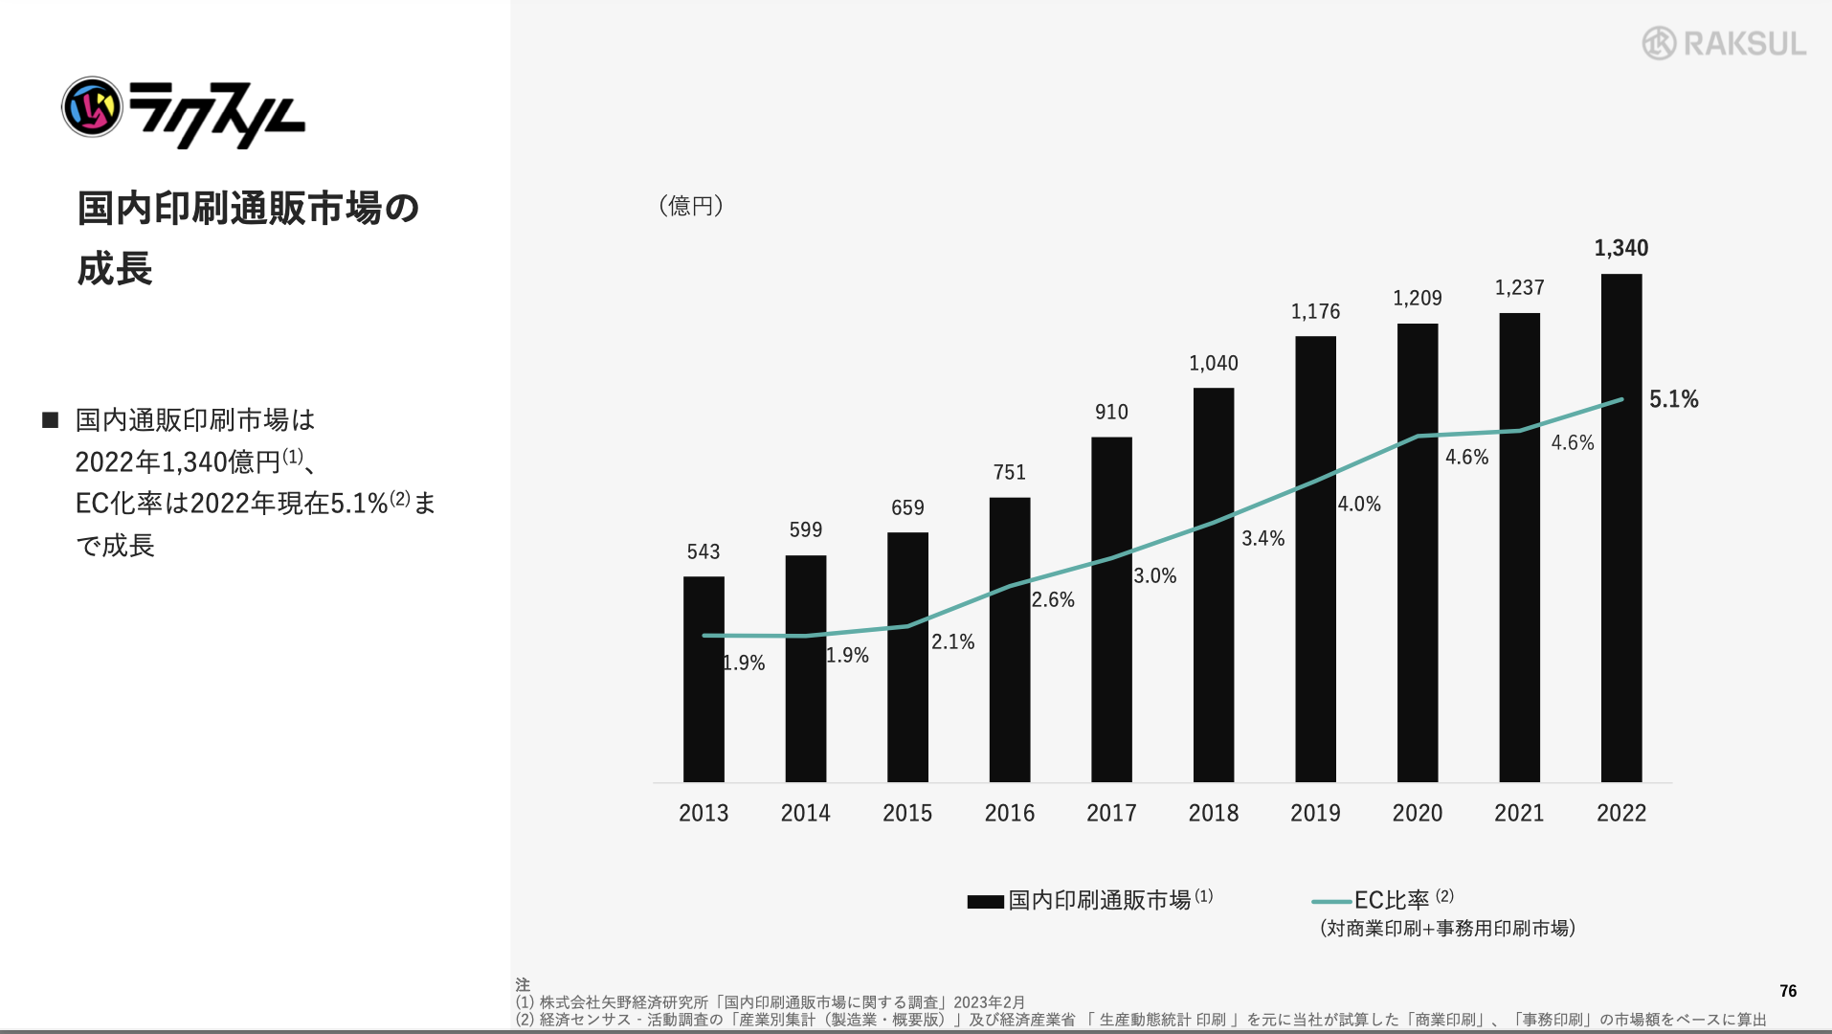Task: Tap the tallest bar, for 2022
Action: (1621, 574)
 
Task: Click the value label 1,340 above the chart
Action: (1621, 248)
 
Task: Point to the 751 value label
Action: (1009, 472)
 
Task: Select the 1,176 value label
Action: (1315, 311)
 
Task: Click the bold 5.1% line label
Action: (1673, 399)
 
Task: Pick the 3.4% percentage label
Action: (1262, 538)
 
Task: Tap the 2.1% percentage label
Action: (952, 641)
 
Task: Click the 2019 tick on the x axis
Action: (1315, 813)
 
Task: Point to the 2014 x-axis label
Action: (805, 813)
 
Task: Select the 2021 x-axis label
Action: (1519, 813)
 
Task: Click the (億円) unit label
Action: (691, 206)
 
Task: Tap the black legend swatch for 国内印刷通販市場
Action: (985, 901)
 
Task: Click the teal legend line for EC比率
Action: (1330, 901)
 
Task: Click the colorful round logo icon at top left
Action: (92, 106)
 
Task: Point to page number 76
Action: (1788, 991)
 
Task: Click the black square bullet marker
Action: (51, 420)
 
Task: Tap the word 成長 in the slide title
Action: (115, 269)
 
